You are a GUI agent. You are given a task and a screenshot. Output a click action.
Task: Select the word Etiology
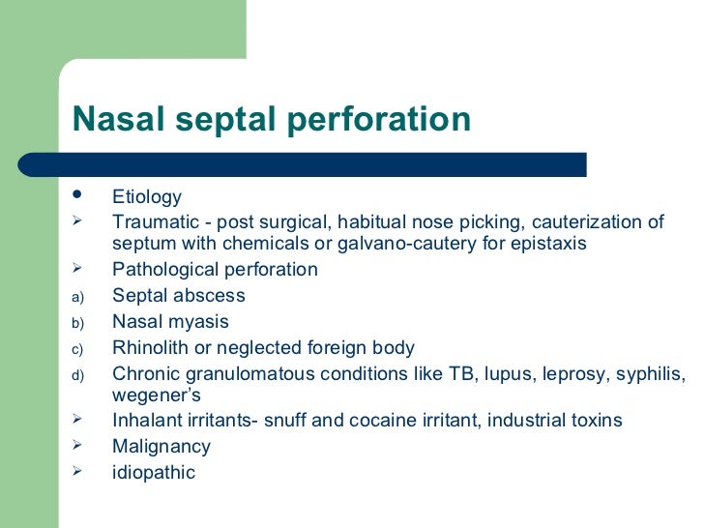click(147, 198)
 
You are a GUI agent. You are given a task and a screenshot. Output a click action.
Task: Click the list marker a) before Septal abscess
click(79, 297)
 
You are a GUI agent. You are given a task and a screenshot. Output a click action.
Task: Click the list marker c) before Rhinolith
click(79, 348)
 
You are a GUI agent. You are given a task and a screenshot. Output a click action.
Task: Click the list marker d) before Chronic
click(79, 374)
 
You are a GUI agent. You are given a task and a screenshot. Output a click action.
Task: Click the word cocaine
click(405, 421)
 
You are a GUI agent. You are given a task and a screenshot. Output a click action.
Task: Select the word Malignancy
click(161, 447)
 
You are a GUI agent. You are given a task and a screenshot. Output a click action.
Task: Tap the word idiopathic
click(154, 473)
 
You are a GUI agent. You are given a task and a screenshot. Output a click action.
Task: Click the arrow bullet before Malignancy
click(79, 447)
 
